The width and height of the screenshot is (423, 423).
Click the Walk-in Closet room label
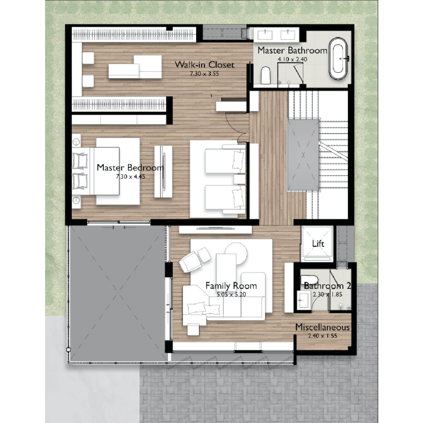tap(204, 65)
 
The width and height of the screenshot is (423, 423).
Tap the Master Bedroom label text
tap(130, 168)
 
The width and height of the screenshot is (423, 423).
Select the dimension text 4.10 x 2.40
tap(292, 59)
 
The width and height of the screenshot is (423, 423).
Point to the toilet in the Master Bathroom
tap(266, 75)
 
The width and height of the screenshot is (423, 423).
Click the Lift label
tap(318, 244)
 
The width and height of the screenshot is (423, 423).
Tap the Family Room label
tap(231, 286)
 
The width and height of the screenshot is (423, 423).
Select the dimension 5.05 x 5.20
tap(231, 294)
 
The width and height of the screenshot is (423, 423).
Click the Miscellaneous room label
tap(322, 327)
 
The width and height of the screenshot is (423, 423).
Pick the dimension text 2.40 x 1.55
tap(322, 336)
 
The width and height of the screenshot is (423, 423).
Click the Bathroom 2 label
tap(327, 286)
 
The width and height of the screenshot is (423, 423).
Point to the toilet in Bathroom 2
tap(310, 280)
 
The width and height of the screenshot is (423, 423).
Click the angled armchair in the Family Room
tap(190, 262)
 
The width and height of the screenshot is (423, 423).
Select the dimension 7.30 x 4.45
tap(131, 176)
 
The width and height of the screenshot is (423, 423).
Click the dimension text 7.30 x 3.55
tap(204, 74)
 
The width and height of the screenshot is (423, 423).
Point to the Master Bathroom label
tap(292, 50)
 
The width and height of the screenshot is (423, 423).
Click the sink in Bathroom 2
tap(304, 300)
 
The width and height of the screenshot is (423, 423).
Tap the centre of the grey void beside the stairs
tap(303, 155)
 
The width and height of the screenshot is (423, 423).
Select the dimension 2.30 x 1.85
tap(327, 294)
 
